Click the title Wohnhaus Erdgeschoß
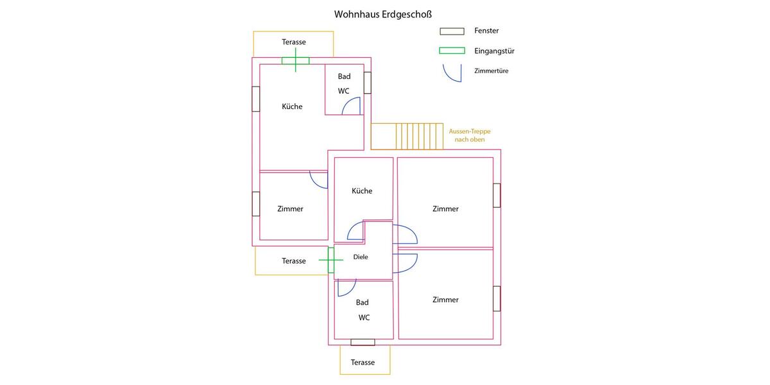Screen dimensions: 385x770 coord(378,14)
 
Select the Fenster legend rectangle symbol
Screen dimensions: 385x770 coord(452,31)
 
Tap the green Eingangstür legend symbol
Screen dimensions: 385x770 coord(452,51)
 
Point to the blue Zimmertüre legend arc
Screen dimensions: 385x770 coord(452,73)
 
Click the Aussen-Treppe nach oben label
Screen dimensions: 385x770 coord(469,135)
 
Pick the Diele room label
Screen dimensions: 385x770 coord(361,257)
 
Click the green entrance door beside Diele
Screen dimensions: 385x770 coord(331,260)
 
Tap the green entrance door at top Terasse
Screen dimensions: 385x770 coord(295,61)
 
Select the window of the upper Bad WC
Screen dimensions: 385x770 coord(368,83)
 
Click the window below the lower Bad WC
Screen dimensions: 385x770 coord(363,342)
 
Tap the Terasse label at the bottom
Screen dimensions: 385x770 coord(363,363)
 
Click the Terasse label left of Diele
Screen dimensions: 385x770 coord(294,261)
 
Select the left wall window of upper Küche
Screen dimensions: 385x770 coord(256,99)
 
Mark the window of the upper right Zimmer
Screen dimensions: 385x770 coord(497,196)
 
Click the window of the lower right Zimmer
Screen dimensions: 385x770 coord(497,298)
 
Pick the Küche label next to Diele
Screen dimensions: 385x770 coord(362,191)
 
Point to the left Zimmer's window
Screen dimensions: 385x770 coord(256,203)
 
